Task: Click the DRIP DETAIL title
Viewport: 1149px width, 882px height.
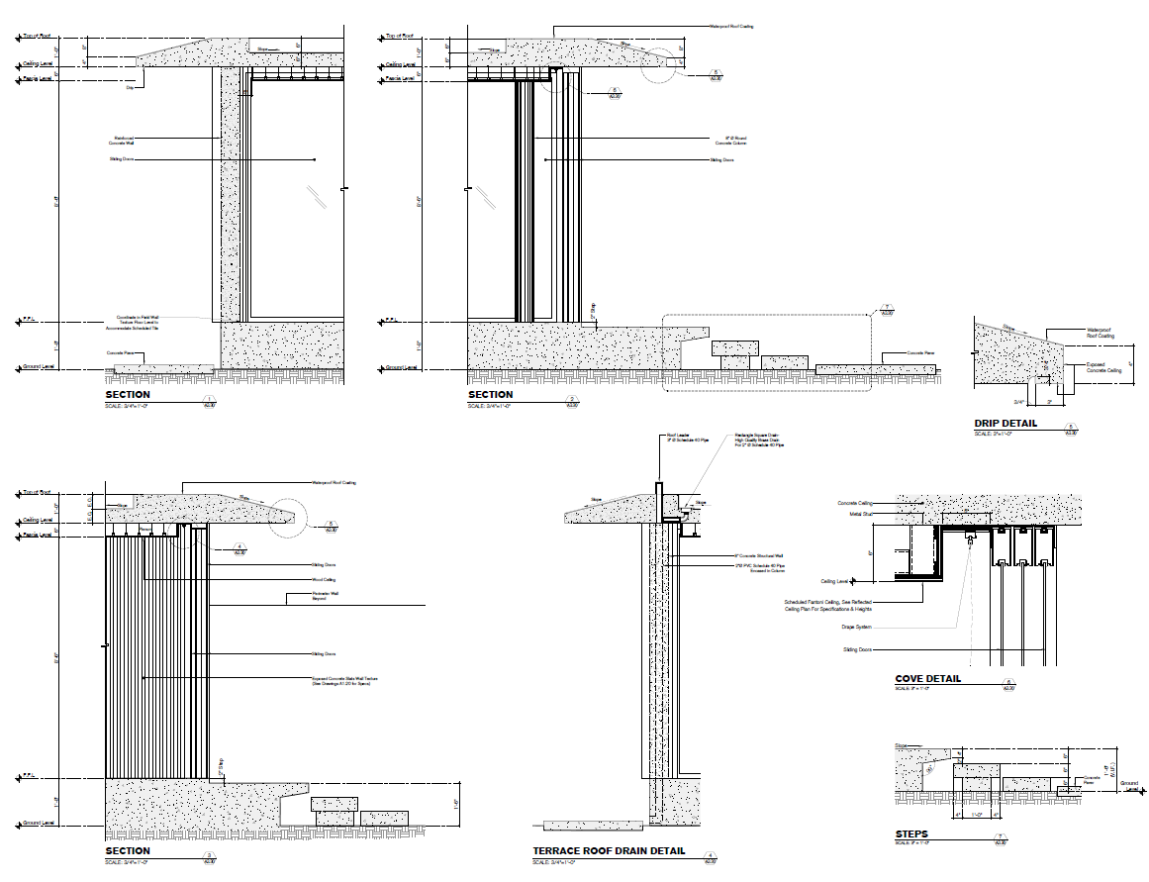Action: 1005,424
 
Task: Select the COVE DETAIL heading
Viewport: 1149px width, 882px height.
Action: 927,679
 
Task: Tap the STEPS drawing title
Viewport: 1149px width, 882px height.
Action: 911,834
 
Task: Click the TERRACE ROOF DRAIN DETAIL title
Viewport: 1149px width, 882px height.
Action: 609,850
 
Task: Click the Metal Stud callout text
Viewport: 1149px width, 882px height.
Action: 861,514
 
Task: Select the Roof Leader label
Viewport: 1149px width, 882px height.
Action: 677,436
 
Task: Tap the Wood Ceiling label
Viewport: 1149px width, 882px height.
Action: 325,580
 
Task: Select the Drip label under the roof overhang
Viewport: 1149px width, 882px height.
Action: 130,87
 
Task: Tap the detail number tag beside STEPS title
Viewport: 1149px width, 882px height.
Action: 1001,840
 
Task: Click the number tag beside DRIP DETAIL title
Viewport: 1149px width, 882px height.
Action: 1070,430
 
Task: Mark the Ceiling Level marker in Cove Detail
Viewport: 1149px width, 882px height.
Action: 834,582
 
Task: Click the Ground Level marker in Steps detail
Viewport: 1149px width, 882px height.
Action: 1128,785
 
